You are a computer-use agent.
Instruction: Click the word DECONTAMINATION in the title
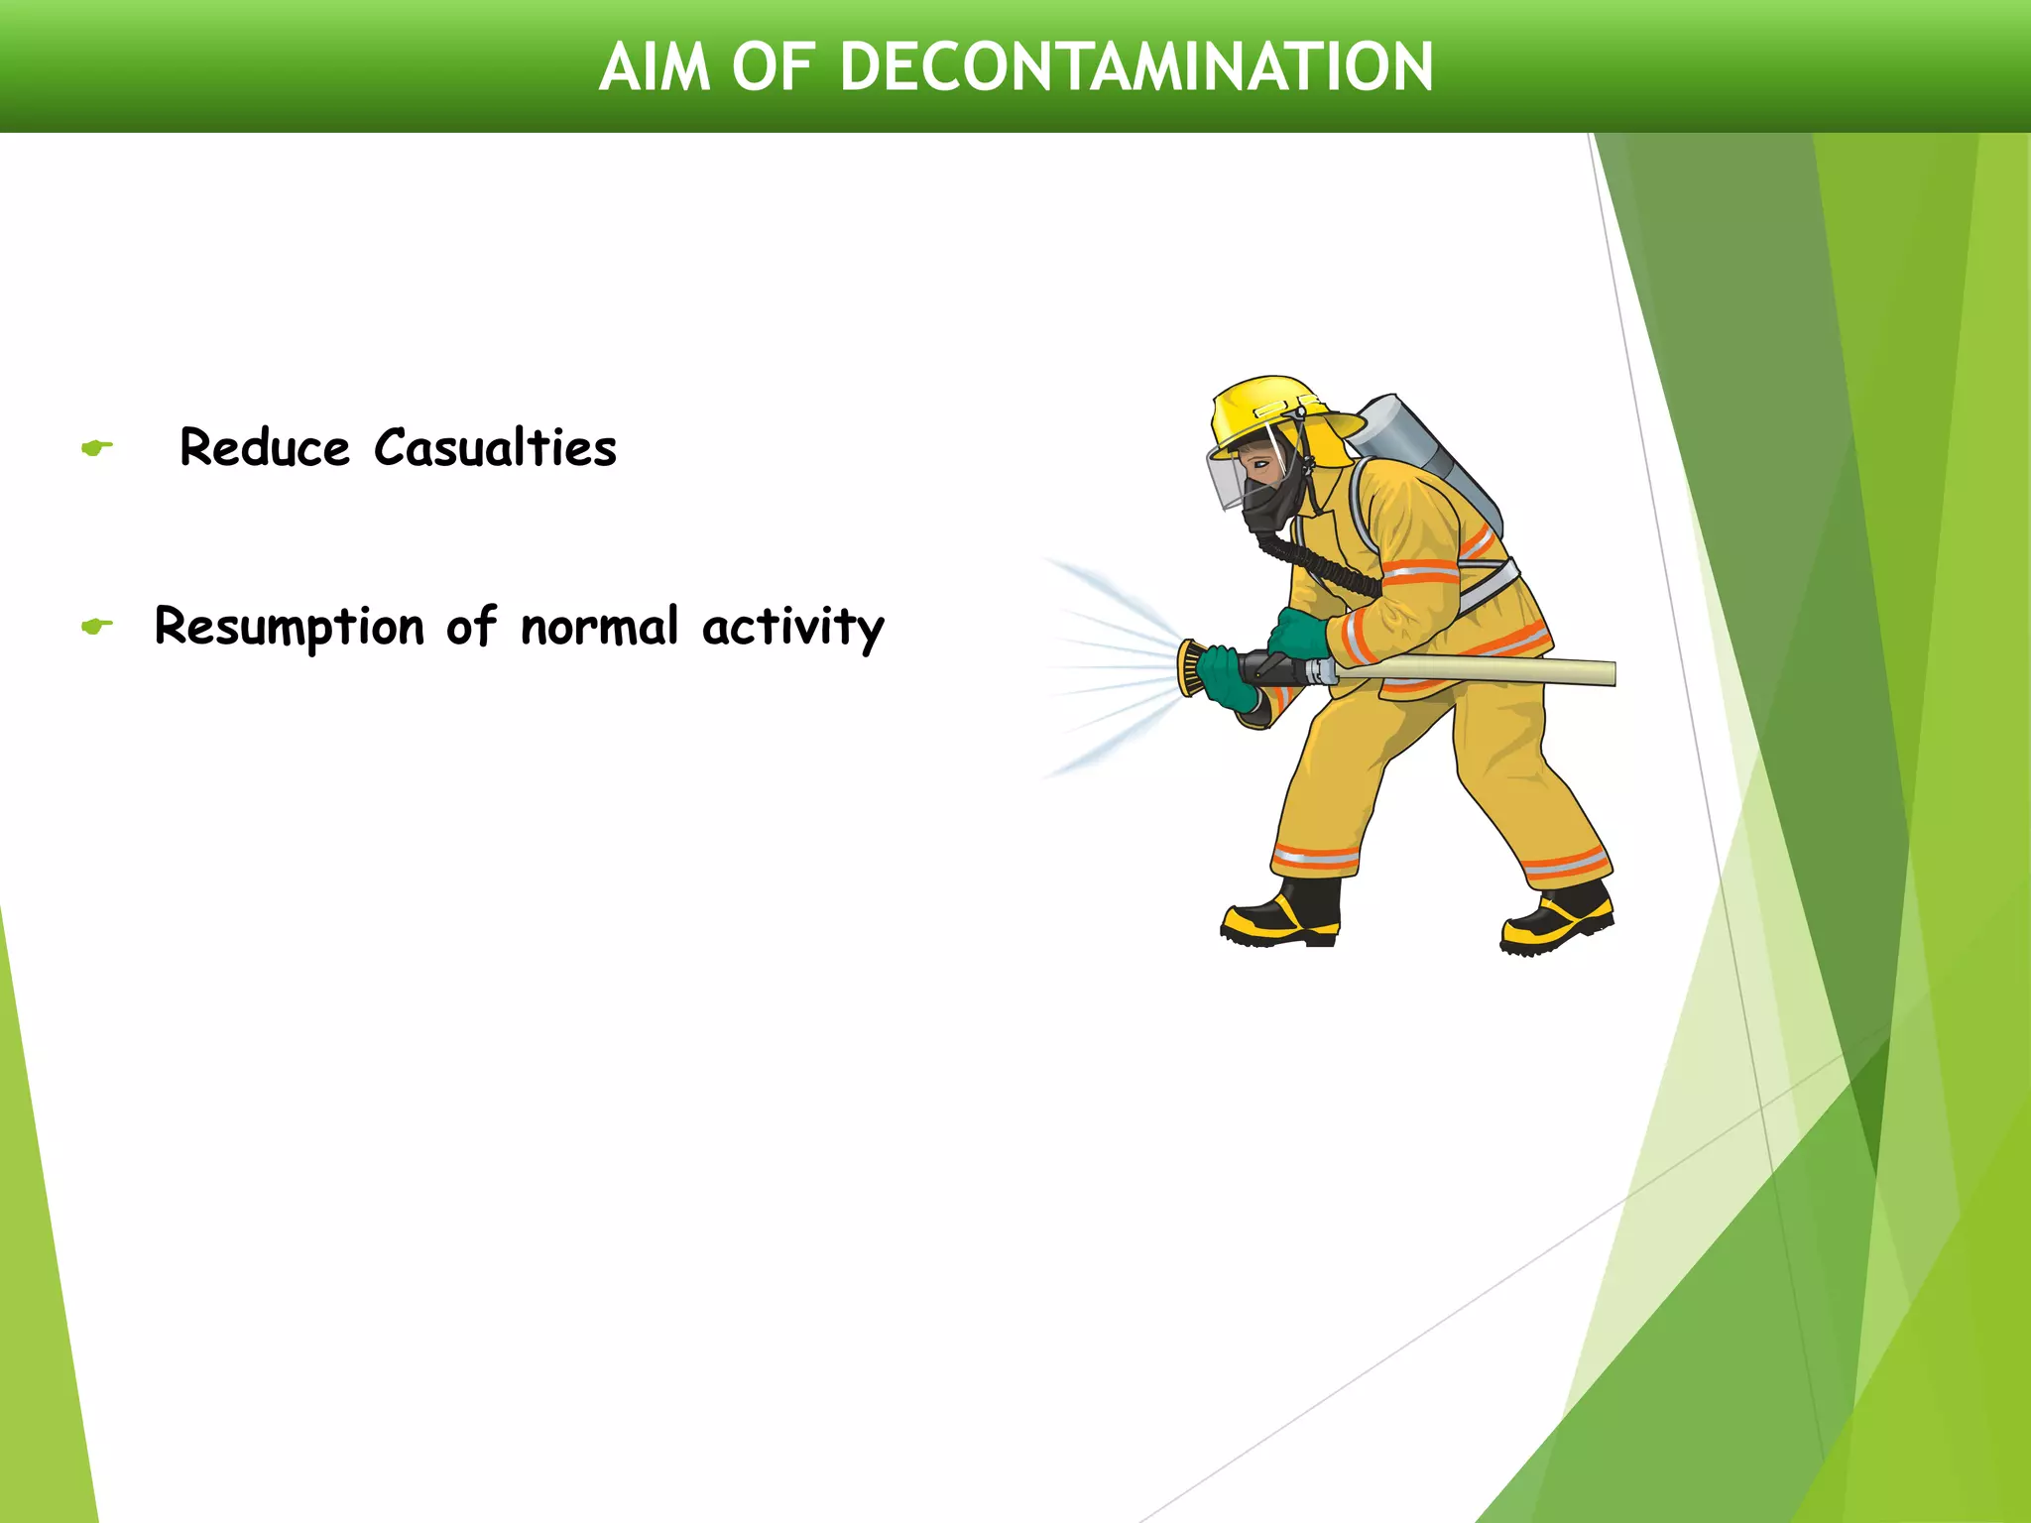click(x=1135, y=67)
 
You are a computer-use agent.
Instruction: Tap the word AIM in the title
click(x=655, y=67)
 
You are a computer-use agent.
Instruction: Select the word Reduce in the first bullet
click(x=265, y=448)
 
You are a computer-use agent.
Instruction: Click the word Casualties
click(x=495, y=448)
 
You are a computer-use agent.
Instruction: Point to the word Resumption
click(x=289, y=628)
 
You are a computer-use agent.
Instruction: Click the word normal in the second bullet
click(x=599, y=628)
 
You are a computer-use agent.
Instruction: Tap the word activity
click(x=792, y=628)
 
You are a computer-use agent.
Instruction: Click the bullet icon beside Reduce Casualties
click(x=96, y=448)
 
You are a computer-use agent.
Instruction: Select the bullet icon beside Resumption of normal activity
click(x=96, y=626)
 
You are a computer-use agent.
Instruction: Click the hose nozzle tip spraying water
click(x=1189, y=668)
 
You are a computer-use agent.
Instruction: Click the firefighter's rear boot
click(x=1557, y=922)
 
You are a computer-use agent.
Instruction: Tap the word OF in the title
click(x=774, y=67)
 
